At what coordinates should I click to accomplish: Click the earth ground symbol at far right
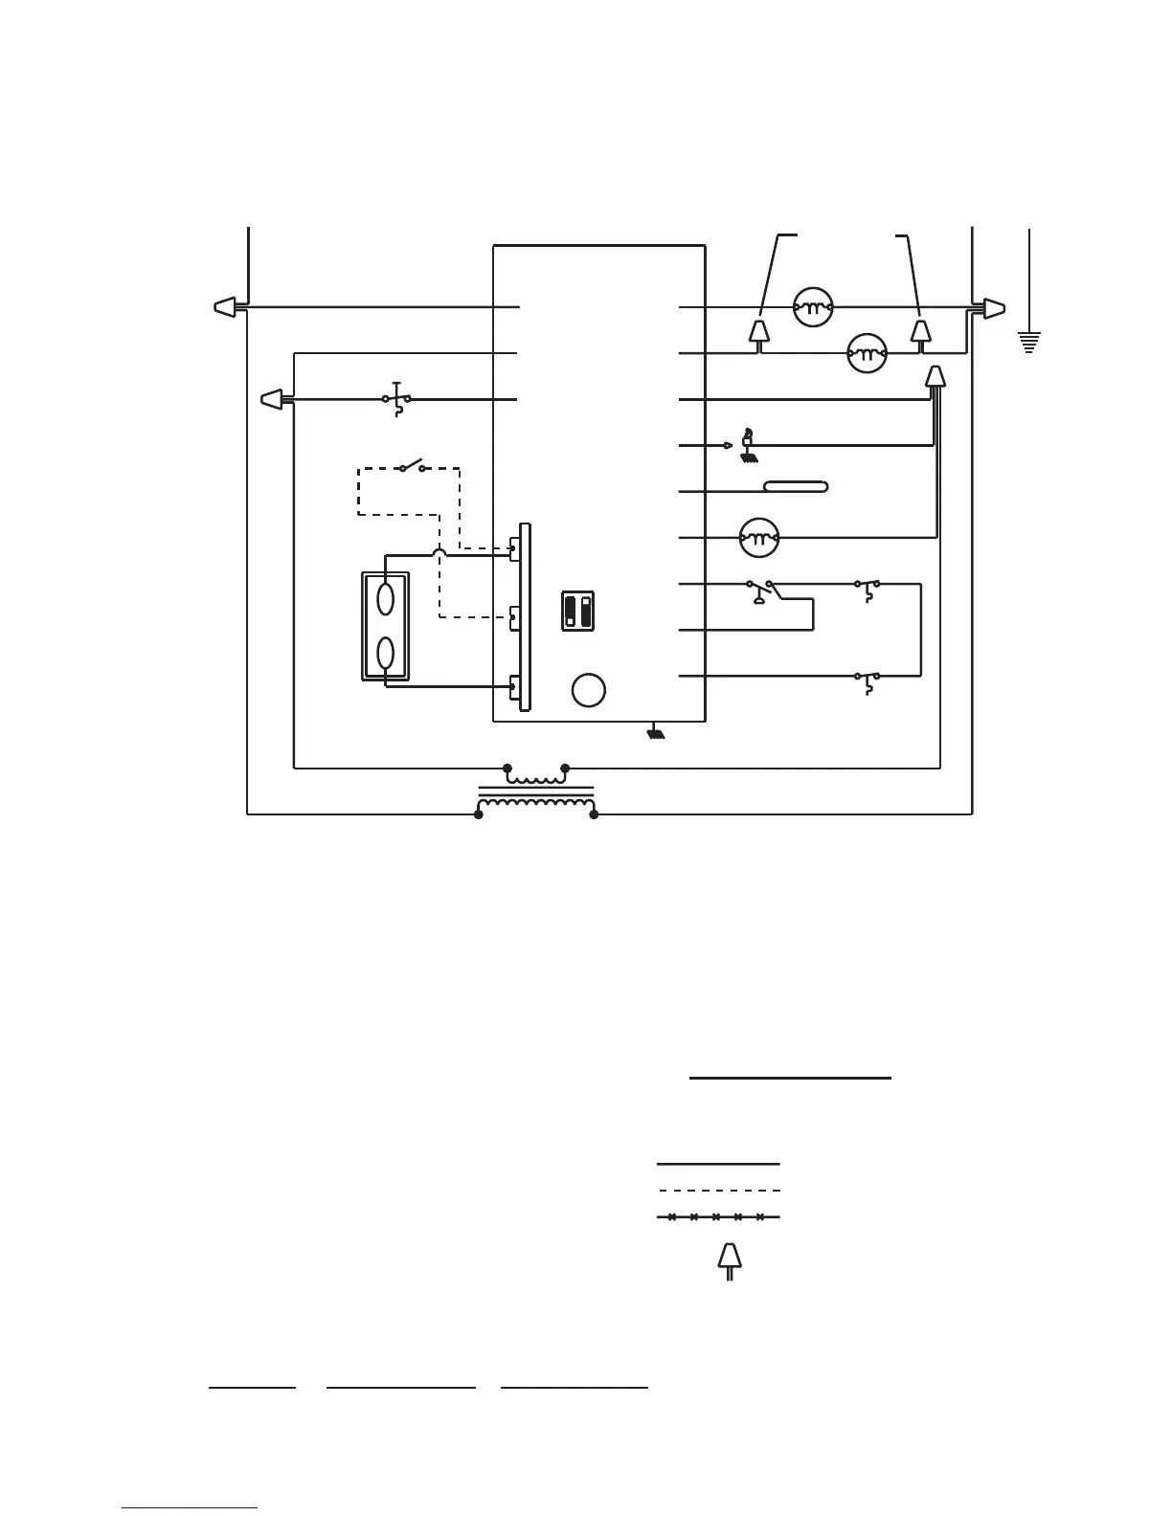(1029, 341)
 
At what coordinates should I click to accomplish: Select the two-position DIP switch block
(578, 611)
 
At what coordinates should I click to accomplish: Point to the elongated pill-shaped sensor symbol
(796, 487)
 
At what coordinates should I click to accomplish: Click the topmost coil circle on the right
(813, 308)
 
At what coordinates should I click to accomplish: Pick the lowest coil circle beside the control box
(759, 538)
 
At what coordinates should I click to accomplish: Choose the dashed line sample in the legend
(718, 1191)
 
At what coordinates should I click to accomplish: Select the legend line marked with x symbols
(718, 1217)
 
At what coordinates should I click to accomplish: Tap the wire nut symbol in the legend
(730, 1260)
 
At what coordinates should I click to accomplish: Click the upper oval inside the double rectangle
(386, 599)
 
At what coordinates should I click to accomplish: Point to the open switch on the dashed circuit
(413, 467)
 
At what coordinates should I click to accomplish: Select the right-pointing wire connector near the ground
(993, 309)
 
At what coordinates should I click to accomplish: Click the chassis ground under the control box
(656, 734)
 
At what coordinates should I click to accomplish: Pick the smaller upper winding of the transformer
(536, 774)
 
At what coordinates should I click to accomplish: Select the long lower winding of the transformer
(535, 809)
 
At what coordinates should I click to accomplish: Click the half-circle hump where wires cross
(439, 551)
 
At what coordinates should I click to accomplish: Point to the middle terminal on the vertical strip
(515, 617)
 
